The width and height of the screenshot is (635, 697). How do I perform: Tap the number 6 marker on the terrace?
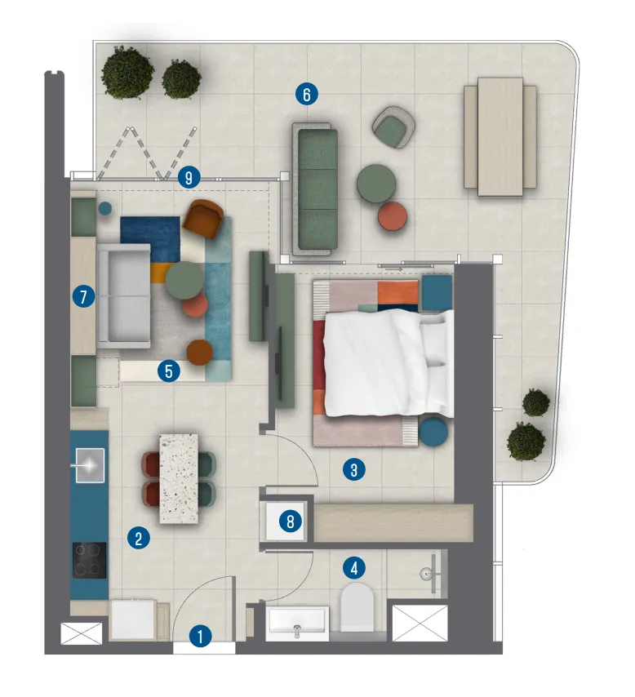pyautogui.click(x=306, y=95)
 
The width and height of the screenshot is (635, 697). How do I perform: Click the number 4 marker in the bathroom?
pyautogui.click(x=353, y=566)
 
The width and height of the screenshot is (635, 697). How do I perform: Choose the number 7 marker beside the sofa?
pyautogui.click(x=82, y=297)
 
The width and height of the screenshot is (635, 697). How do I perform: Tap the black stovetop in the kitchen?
pyautogui.click(x=89, y=560)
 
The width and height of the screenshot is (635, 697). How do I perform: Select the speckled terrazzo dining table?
pyautogui.click(x=179, y=477)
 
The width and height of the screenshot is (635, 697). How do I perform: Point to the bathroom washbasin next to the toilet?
pyautogui.click(x=297, y=624)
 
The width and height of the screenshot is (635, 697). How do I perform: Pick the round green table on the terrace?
pyautogui.click(x=376, y=183)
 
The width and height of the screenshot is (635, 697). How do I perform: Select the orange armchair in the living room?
pyautogui.click(x=204, y=218)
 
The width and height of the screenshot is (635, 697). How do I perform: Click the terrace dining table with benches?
pyautogui.click(x=500, y=135)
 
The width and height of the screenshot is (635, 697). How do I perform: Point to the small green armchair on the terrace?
pyautogui.click(x=394, y=128)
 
